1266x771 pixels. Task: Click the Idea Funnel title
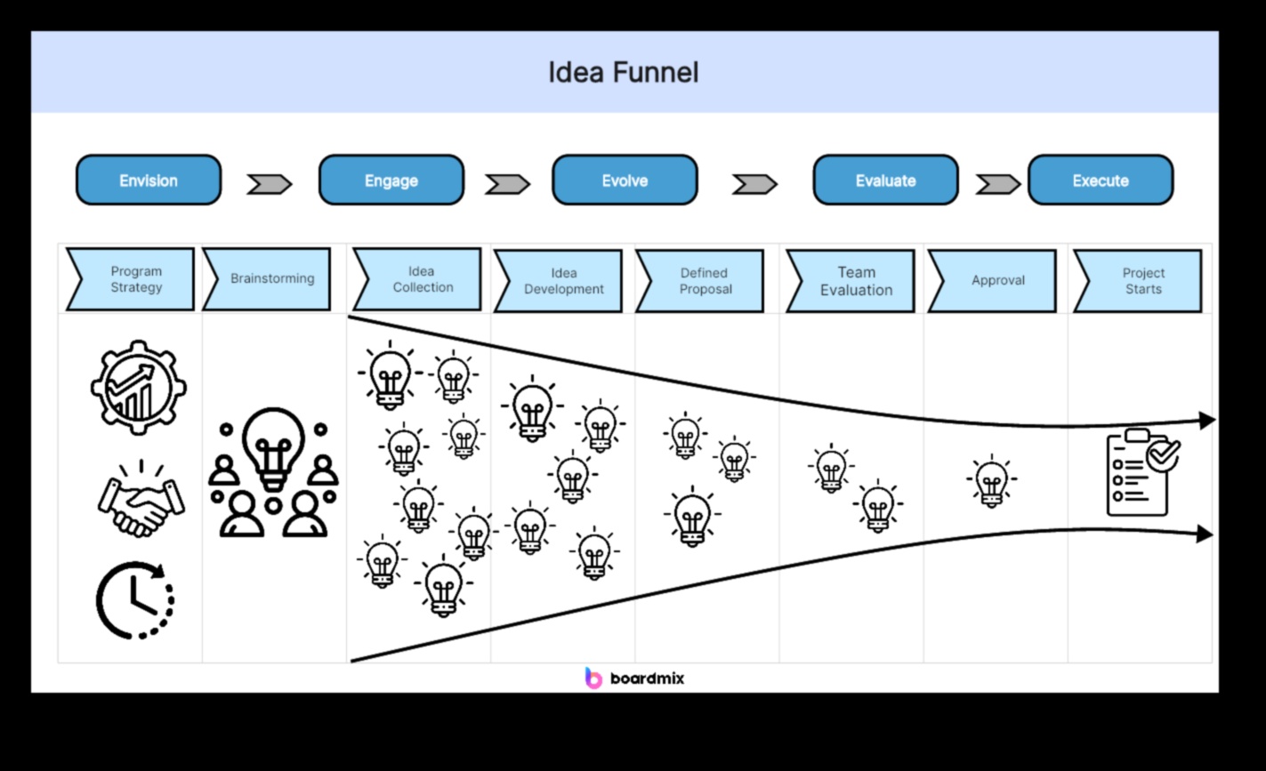point(623,72)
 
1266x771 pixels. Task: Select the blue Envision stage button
point(149,181)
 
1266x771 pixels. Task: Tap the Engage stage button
point(391,181)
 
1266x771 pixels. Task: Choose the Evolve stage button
point(625,181)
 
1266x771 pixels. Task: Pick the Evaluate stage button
point(885,181)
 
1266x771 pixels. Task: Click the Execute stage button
point(1101,181)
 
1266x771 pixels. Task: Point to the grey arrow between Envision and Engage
point(269,184)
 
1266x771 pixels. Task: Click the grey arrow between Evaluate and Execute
point(997,184)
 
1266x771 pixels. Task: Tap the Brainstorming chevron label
point(268,279)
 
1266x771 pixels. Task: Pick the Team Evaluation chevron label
point(851,281)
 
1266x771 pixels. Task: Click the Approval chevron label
point(994,281)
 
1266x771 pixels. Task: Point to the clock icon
point(134,600)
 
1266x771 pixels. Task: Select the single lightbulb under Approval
point(991,481)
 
